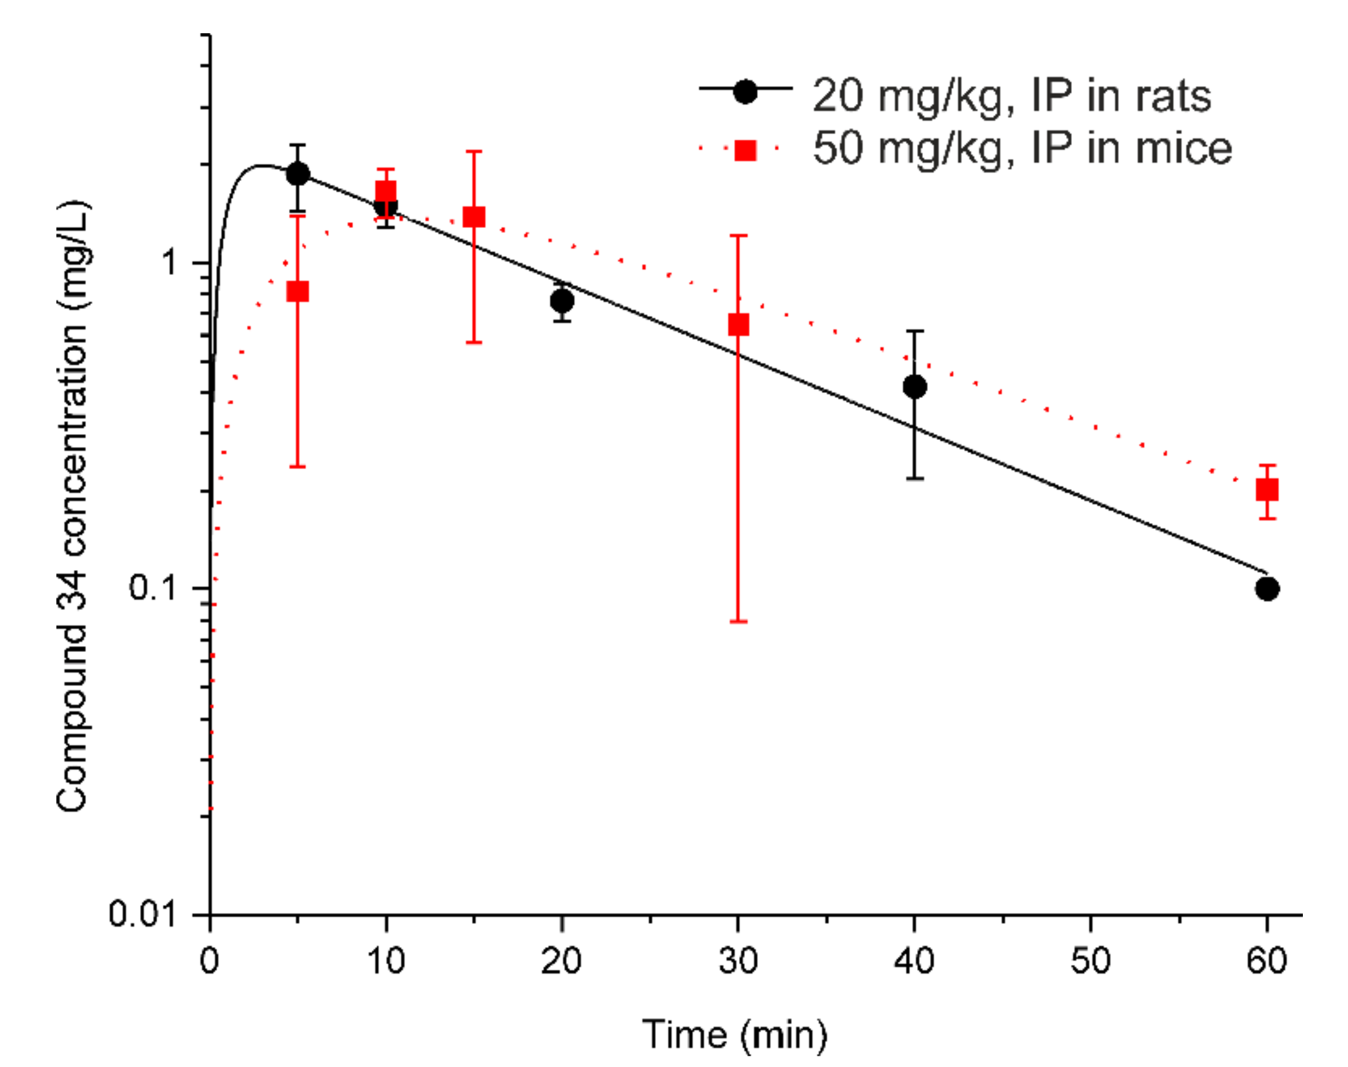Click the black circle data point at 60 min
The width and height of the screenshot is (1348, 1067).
click(x=1267, y=588)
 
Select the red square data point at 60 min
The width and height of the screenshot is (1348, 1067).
click(x=1267, y=490)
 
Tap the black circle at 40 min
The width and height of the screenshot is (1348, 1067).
click(x=915, y=387)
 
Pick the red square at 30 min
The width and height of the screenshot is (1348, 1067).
click(x=738, y=325)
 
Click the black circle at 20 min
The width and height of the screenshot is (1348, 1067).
click(x=562, y=301)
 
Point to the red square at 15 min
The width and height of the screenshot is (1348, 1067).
click(x=474, y=217)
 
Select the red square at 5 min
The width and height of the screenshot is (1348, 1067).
click(x=298, y=291)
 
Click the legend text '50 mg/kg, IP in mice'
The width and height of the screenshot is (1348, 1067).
click(x=1022, y=148)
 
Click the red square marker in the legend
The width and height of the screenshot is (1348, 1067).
click(x=746, y=151)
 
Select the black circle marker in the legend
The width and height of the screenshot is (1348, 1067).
click(x=745, y=92)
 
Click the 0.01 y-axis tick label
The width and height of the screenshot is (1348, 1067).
click(x=142, y=914)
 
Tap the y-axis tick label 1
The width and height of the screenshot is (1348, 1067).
click(x=169, y=262)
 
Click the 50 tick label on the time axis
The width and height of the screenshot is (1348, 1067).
click(x=1090, y=961)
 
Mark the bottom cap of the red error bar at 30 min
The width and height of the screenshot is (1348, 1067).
click(x=738, y=622)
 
